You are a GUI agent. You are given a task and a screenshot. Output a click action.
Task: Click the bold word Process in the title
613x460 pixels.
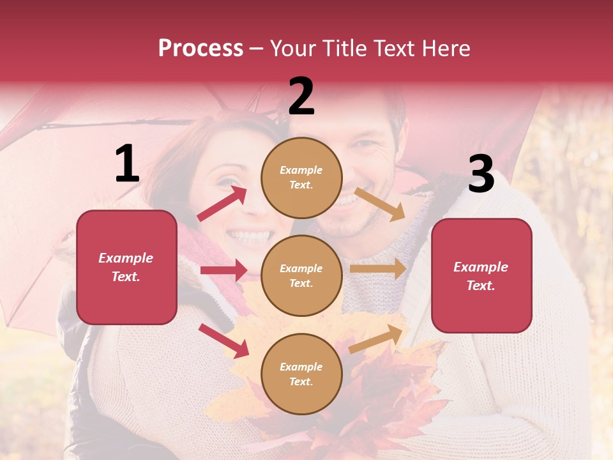click(201, 49)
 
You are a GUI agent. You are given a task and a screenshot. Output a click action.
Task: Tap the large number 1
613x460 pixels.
click(127, 165)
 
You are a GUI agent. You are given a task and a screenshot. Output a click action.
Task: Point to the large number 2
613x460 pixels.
click(301, 96)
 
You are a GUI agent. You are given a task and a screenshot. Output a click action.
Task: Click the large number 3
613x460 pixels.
click(481, 174)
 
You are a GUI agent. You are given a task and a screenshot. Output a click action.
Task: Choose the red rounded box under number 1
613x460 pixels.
click(126, 267)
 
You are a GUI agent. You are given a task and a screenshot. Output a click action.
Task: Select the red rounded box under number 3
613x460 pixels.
click(481, 276)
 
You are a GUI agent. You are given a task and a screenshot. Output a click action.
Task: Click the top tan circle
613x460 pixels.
click(301, 178)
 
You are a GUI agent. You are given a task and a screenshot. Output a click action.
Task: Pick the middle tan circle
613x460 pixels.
click(301, 275)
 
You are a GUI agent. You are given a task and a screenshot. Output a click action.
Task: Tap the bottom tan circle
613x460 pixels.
click(301, 374)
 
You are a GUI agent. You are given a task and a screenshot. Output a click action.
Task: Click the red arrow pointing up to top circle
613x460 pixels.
click(222, 204)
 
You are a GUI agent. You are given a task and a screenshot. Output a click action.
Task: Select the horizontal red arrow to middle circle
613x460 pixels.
click(223, 270)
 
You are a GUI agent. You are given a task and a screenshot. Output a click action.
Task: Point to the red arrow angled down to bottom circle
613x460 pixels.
click(223, 341)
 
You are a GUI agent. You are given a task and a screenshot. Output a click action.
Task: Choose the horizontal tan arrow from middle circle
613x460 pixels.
click(377, 269)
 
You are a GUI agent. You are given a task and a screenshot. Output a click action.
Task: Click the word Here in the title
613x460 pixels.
click(446, 49)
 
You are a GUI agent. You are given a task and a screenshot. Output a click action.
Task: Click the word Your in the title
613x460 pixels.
click(292, 49)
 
